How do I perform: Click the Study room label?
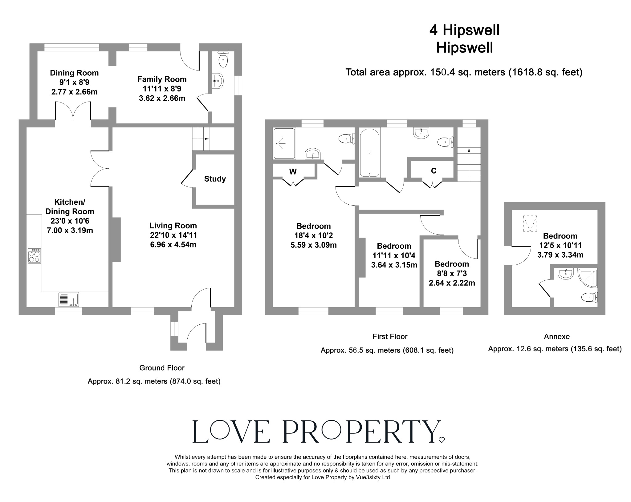point(215,179)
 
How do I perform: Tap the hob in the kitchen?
point(34,256)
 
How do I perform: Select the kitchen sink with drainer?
point(69,299)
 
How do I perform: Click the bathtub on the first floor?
point(369,153)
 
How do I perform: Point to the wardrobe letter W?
point(293,172)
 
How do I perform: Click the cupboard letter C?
point(434,171)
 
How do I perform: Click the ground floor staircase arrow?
point(206,139)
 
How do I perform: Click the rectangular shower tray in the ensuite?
point(284,143)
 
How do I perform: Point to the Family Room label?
point(162,79)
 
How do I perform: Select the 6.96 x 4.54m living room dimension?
point(173,245)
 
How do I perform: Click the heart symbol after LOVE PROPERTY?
point(442,440)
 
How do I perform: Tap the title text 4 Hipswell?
point(464,30)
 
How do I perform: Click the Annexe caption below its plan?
point(556,336)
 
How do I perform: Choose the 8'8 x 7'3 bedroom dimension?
point(452,273)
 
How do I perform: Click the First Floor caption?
point(390,336)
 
